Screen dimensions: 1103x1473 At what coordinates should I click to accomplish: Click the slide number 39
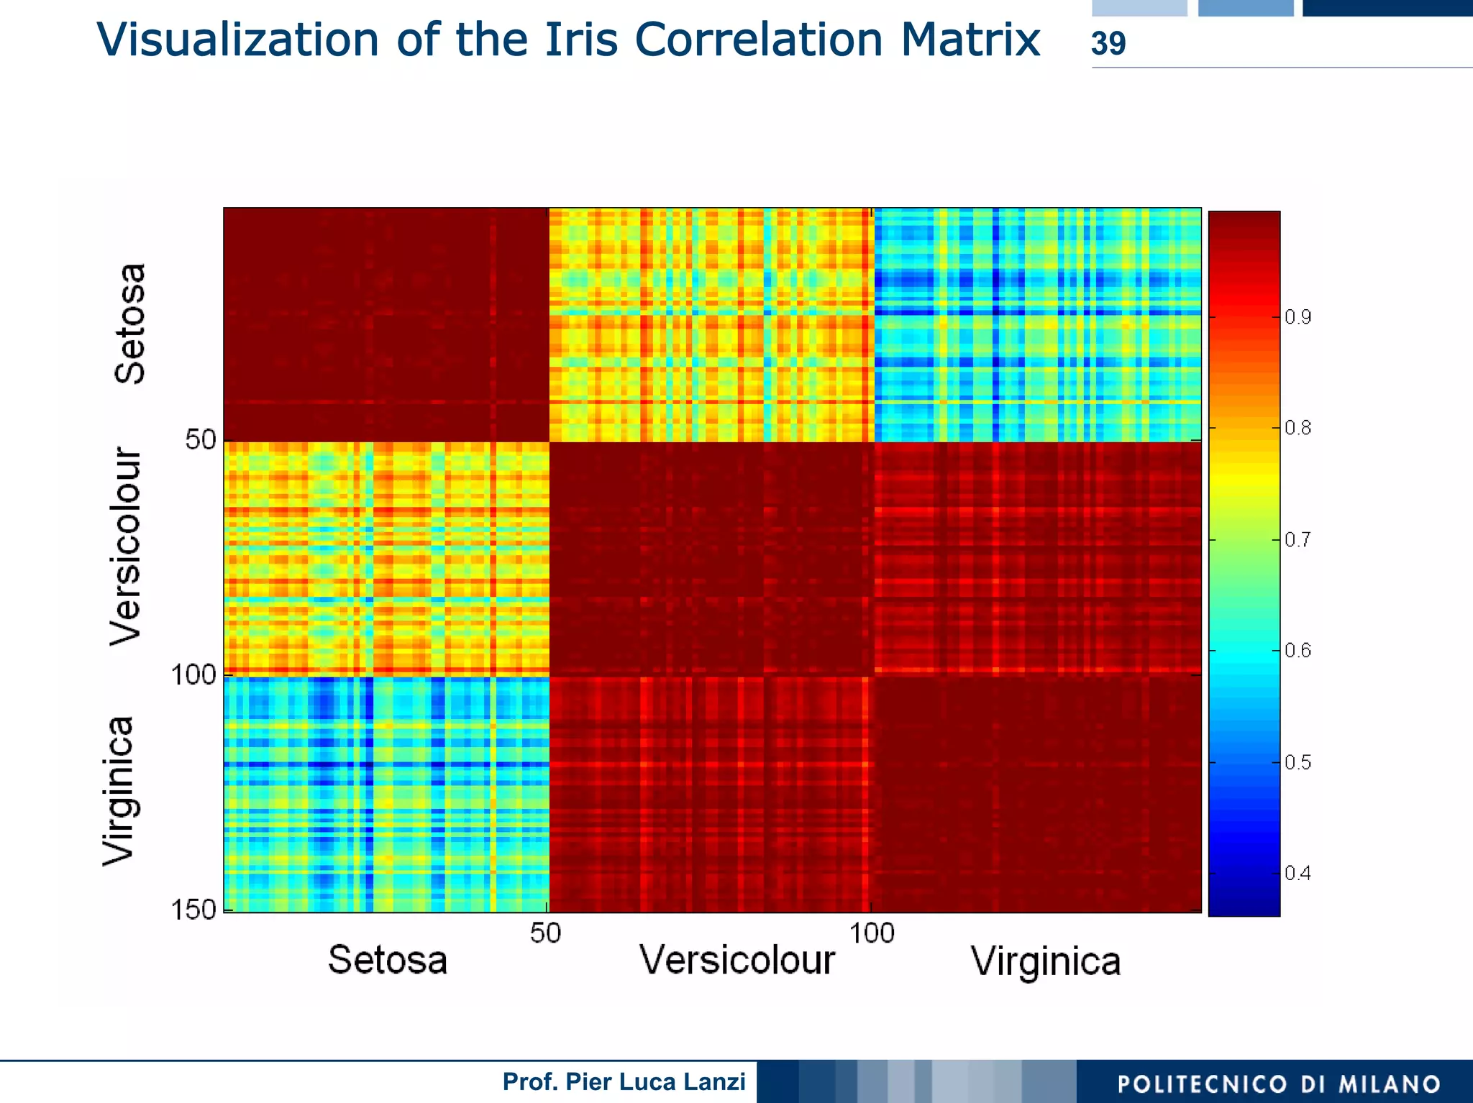(1108, 44)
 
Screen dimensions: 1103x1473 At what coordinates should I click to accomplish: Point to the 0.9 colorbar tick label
(1298, 317)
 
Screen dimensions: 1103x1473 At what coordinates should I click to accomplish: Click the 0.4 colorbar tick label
(1298, 874)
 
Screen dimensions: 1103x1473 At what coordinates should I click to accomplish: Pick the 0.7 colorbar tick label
(1298, 539)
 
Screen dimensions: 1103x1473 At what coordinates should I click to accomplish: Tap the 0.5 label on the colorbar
(1298, 762)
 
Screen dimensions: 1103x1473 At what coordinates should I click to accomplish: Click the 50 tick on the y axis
(200, 440)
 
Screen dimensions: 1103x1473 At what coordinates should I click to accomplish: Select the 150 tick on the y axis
(193, 910)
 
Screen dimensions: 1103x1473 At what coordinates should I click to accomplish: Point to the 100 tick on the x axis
(871, 933)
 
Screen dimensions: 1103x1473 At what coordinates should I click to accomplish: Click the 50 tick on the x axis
(545, 933)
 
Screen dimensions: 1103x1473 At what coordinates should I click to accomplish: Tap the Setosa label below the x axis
(388, 960)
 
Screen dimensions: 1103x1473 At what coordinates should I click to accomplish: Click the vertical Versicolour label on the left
(127, 546)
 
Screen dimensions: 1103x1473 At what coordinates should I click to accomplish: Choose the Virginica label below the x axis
(1045, 961)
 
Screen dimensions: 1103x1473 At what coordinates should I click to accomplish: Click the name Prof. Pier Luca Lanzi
(624, 1081)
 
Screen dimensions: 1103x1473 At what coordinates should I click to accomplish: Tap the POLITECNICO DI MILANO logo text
(1278, 1084)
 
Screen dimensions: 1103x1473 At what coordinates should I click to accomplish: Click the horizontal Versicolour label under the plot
(737, 960)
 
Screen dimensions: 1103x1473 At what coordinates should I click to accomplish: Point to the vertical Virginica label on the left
(119, 791)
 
